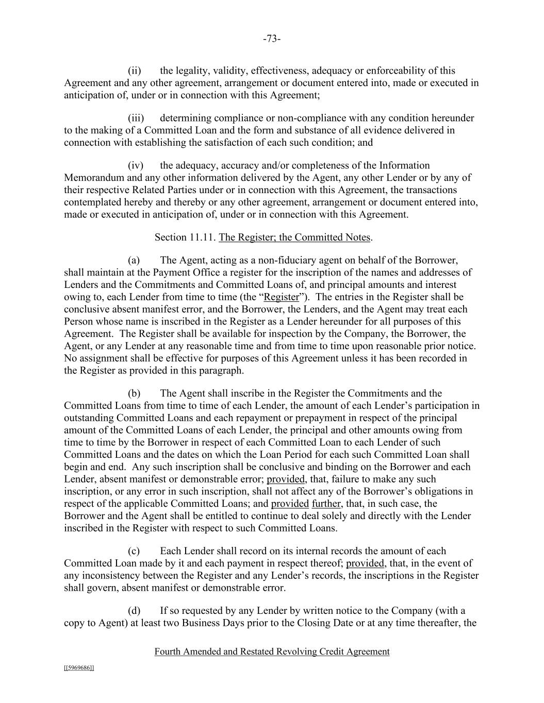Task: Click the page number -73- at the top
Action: pos(271,39)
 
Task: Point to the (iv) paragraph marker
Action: pos(135,165)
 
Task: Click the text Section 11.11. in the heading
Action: pos(185,237)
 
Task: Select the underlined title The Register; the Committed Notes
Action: pos(294,237)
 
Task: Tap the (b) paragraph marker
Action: pos(134,393)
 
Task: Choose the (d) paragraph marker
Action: pos(134,611)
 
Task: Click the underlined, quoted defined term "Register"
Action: pos(281,297)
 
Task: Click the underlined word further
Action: pos(326,504)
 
